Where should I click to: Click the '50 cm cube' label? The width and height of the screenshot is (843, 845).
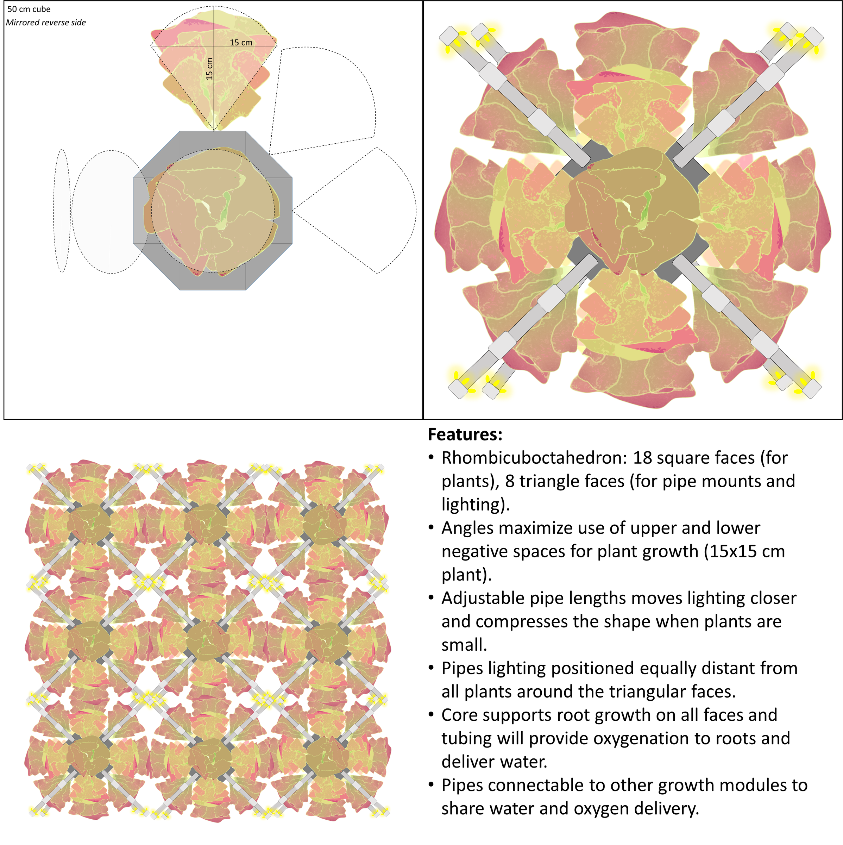click(29, 9)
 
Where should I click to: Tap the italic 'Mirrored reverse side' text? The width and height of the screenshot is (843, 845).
click(46, 22)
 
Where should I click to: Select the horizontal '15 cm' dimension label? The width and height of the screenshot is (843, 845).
click(241, 42)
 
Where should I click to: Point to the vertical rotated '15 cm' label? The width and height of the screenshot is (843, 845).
click(209, 69)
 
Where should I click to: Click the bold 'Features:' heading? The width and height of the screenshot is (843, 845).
click(465, 434)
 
